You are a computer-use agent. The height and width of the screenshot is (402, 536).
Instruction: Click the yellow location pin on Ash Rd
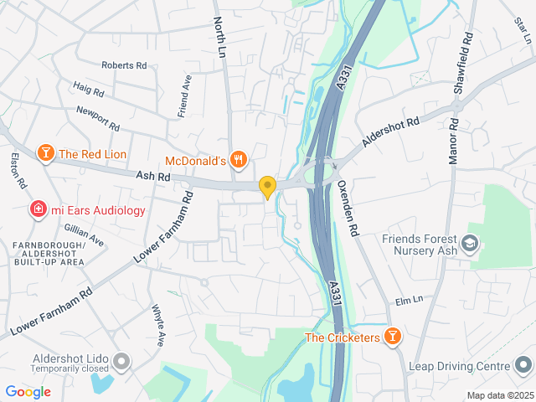(267, 187)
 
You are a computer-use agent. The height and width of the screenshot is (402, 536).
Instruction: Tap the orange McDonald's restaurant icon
(239, 159)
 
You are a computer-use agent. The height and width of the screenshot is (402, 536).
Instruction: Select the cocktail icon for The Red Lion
(45, 153)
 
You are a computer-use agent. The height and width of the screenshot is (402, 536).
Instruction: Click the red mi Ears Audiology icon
(38, 209)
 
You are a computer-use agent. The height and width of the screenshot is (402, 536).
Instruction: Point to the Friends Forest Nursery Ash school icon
(472, 243)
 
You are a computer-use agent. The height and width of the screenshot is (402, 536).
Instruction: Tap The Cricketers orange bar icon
(392, 338)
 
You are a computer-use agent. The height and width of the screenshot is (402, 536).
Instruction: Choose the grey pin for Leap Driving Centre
(523, 366)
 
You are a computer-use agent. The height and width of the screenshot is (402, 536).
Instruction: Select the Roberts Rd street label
(124, 65)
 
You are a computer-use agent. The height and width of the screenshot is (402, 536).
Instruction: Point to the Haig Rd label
(88, 89)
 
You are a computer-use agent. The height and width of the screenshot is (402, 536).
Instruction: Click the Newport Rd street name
(98, 118)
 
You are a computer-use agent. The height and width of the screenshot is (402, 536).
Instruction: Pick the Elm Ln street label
(410, 301)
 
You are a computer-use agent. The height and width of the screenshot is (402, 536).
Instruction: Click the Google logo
(28, 391)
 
